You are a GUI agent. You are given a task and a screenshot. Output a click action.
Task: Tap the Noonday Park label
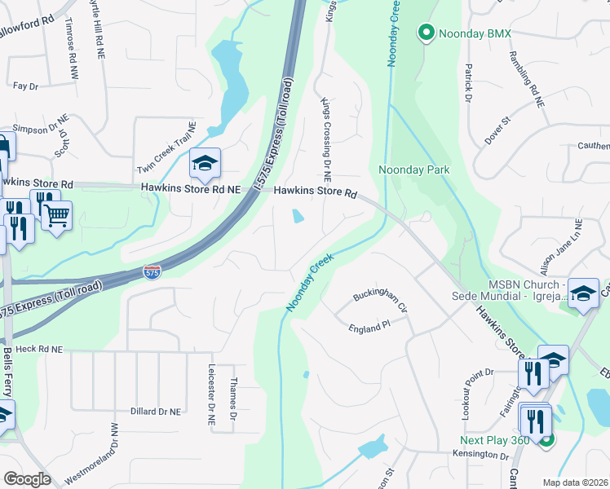coord(414,170)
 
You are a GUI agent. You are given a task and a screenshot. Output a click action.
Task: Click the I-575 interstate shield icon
coord(152,271)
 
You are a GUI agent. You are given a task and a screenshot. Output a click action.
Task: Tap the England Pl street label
coord(369,328)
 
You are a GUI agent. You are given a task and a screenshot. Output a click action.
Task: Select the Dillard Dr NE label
coord(156,412)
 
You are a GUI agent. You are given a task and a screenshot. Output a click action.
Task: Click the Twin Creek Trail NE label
coord(168,148)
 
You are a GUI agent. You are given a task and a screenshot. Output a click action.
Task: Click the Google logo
coord(27,479)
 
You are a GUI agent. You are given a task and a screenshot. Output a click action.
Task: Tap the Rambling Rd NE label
coord(527,80)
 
